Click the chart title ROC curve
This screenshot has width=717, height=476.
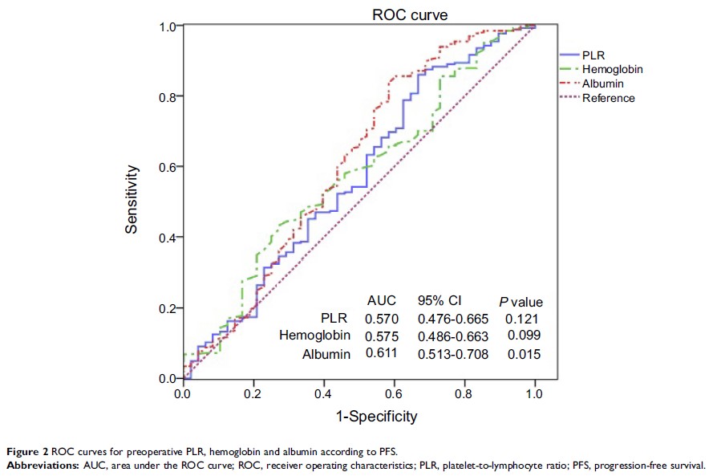coord(409,14)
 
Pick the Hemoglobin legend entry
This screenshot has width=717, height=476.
coord(612,69)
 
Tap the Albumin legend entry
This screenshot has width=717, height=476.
coord(602,83)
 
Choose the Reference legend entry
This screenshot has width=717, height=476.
coord(608,98)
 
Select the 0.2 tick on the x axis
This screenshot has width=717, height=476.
coord(253,394)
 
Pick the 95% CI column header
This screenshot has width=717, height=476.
coord(440,301)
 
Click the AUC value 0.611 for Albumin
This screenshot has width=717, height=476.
coord(381,353)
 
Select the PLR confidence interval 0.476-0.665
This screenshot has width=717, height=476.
coord(452,319)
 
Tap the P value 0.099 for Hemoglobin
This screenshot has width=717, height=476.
coord(525,336)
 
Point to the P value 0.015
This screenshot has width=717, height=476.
coord(525,353)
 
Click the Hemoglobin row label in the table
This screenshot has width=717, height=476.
coord(314,336)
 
